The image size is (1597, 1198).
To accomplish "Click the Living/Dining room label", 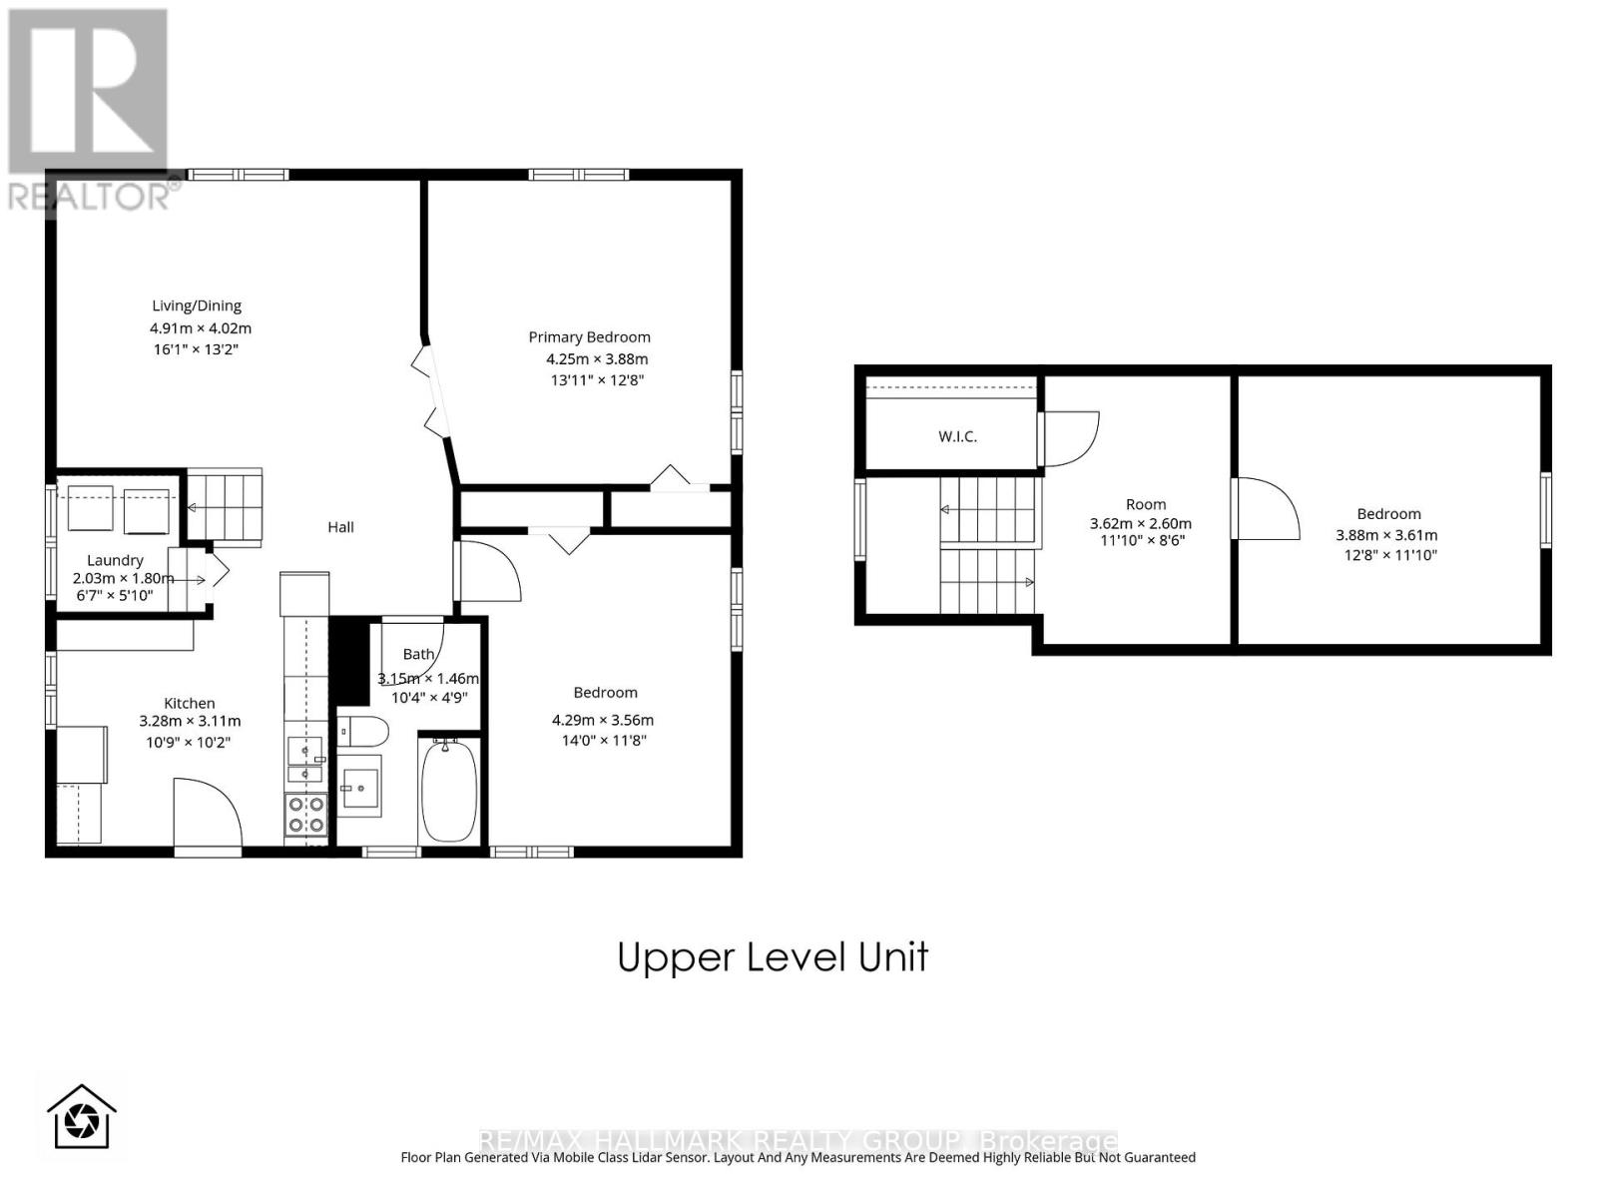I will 197,305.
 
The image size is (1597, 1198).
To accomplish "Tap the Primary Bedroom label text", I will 589,337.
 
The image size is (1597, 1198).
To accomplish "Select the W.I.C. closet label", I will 957,436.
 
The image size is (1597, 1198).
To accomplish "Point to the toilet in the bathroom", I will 362,732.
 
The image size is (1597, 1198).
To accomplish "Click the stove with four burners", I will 305,814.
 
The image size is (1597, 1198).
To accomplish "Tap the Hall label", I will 340,527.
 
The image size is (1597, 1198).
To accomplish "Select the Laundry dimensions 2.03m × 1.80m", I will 122,578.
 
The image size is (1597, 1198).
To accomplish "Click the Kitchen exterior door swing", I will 207,814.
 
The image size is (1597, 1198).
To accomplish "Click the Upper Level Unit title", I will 773,956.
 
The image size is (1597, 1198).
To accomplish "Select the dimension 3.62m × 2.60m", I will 1140,523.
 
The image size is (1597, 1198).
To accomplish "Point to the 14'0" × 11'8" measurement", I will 604,740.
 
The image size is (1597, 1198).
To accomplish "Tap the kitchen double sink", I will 304,759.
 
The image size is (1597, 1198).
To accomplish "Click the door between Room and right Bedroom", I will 1266,509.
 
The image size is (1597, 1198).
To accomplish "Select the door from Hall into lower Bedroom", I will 489,571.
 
